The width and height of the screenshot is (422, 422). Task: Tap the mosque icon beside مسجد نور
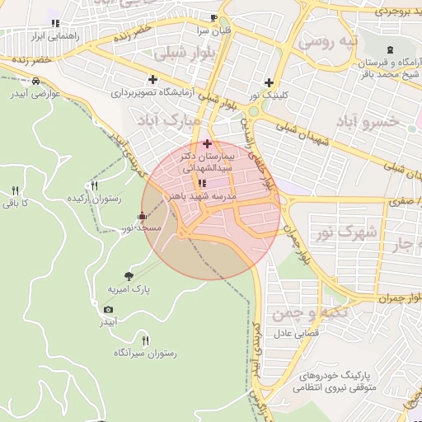point(142,217)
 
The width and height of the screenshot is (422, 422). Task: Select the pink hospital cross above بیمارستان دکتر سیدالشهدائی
point(206,143)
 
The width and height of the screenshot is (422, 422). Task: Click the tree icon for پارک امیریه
point(128,276)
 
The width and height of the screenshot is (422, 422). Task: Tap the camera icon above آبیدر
point(108,309)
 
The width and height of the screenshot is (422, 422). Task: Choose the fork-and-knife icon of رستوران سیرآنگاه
point(146,340)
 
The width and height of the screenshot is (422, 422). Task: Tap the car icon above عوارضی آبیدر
point(36,81)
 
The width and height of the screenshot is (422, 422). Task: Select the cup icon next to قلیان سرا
point(214,17)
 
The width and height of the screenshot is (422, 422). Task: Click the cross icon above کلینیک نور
point(269,82)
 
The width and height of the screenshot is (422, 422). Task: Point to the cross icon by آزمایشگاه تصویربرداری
point(152,79)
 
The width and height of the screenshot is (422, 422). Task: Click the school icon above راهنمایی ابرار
point(55,23)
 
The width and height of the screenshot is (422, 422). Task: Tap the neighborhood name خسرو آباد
point(368,122)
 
